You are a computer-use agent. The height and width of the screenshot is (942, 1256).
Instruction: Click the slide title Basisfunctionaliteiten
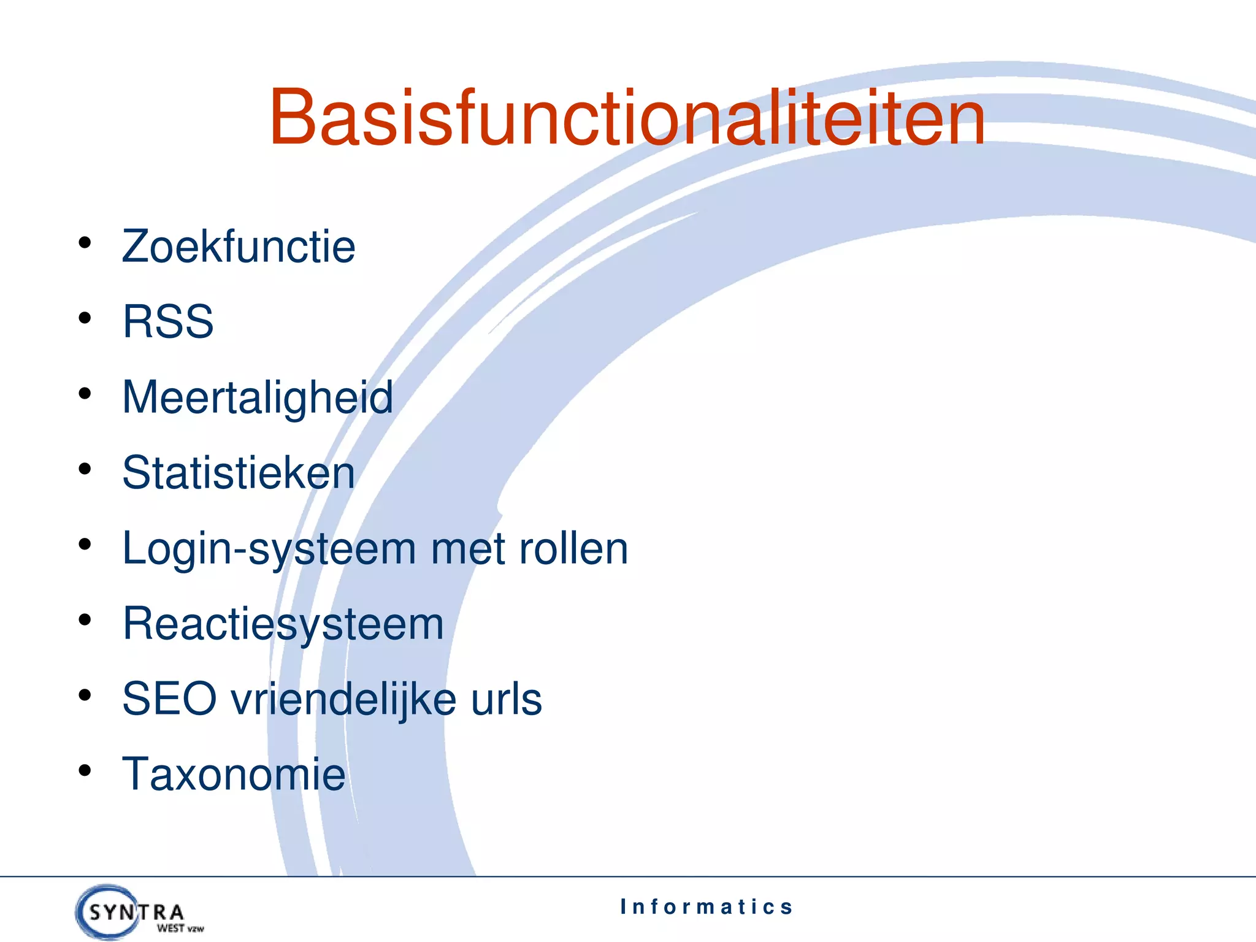pyautogui.click(x=627, y=118)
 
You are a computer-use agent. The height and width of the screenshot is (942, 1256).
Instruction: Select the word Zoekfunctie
pyautogui.click(x=239, y=247)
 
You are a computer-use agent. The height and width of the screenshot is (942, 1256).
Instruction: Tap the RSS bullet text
pyautogui.click(x=168, y=321)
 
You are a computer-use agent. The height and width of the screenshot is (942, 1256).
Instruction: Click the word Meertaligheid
pyautogui.click(x=258, y=397)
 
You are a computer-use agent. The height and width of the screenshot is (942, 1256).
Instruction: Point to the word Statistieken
pyautogui.click(x=239, y=473)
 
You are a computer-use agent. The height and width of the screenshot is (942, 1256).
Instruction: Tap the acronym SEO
pyautogui.click(x=169, y=699)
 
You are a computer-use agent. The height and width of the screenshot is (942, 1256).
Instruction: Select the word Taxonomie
pyautogui.click(x=234, y=775)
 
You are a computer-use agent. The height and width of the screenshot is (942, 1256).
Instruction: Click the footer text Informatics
pyautogui.click(x=706, y=906)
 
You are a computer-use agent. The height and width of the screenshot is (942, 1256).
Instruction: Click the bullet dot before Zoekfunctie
pyautogui.click(x=85, y=243)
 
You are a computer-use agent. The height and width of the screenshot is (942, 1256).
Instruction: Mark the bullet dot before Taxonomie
pyautogui.click(x=85, y=771)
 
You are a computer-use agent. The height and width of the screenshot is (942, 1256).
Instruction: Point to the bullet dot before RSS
pyautogui.click(x=85, y=318)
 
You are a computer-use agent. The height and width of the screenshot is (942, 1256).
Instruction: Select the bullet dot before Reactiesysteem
pyautogui.click(x=85, y=620)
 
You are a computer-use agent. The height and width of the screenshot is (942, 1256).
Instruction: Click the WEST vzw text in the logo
pyautogui.click(x=180, y=929)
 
